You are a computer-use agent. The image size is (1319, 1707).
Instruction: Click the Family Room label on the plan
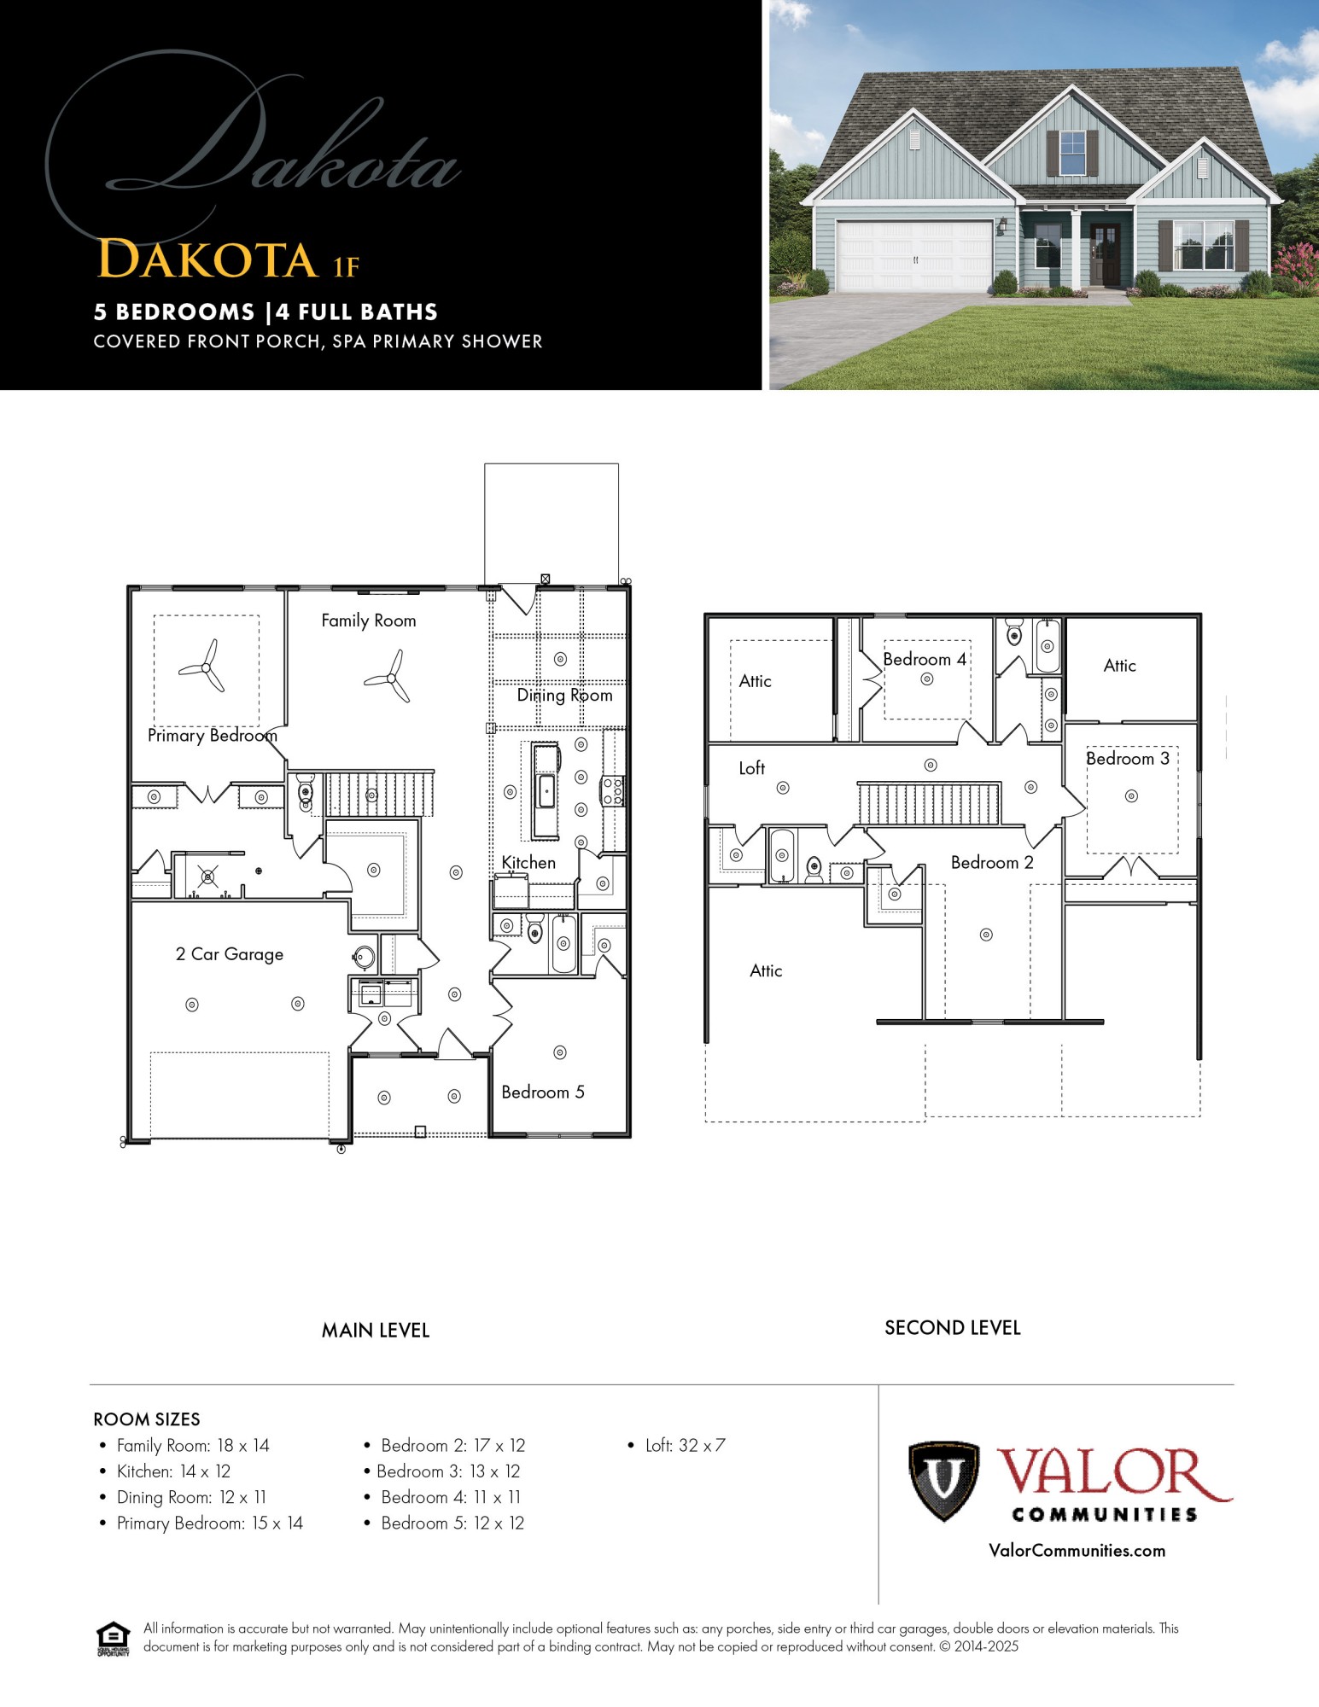(369, 620)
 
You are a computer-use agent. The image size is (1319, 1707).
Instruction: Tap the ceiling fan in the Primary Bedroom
(205, 667)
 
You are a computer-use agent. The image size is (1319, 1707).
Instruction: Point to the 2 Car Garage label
(229, 954)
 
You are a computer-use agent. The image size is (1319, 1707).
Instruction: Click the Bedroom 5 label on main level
(543, 1092)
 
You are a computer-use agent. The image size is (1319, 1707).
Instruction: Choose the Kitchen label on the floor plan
(528, 863)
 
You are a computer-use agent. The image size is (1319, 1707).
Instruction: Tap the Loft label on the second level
(751, 768)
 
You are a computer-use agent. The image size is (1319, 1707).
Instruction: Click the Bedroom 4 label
(925, 659)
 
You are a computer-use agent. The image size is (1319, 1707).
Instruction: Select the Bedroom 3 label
(1127, 759)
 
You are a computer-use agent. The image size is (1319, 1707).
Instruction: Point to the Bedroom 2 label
(992, 863)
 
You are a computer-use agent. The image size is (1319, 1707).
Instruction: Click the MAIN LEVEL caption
(376, 1331)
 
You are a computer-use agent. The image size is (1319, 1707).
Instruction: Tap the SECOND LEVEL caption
(952, 1328)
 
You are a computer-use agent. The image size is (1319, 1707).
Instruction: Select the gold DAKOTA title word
(207, 259)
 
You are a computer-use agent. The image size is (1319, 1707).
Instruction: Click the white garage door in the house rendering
(913, 254)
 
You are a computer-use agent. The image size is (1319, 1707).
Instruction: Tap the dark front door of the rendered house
(1106, 254)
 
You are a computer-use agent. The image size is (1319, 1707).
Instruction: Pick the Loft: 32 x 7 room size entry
(685, 1446)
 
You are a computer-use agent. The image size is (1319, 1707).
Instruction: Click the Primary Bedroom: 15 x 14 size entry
(209, 1523)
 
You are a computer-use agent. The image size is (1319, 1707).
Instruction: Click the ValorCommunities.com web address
(1077, 1551)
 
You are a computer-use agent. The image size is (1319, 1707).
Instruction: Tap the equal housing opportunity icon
(113, 1638)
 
